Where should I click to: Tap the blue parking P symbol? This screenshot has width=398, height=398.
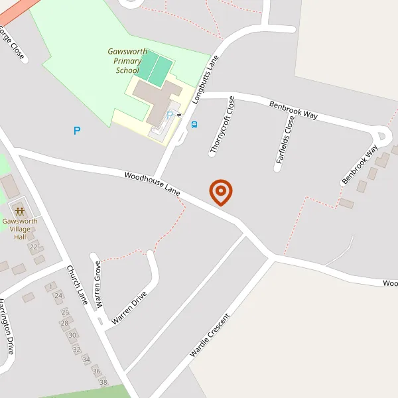[77, 131]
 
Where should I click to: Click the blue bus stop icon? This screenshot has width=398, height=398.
[194, 124]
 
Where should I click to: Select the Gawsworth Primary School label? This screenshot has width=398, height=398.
[127, 61]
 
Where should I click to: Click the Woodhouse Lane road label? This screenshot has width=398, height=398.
[153, 183]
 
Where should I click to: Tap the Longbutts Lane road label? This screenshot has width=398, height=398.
[206, 80]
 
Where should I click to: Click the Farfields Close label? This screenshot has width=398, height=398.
[285, 139]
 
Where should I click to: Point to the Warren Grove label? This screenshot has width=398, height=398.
[98, 285]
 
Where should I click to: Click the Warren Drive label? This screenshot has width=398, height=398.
[129, 306]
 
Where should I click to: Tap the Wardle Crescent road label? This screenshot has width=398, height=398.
[209, 335]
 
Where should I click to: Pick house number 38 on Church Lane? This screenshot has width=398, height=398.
[103, 382]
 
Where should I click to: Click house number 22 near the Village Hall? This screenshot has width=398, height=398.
[33, 247]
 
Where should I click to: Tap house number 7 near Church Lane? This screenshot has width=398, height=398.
[50, 287]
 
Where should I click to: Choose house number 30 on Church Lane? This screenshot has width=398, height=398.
[72, 335]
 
